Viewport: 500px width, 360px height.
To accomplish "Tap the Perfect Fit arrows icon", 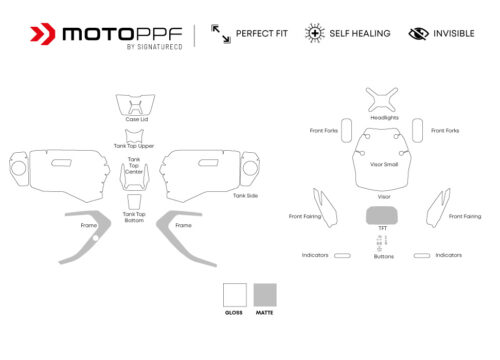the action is click(220, 34).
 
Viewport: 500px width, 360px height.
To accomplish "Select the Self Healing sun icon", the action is click(315, 34).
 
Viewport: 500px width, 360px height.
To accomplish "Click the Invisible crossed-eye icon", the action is click(418, 34).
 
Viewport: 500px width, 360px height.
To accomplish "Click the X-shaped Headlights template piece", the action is click(382, 99).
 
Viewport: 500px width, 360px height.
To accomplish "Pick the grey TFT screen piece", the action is click(382, 215).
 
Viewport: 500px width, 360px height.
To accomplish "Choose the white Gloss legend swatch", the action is click(234, 294).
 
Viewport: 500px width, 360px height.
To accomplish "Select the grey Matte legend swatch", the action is click(265, 294).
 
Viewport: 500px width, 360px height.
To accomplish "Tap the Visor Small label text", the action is click(384, 164).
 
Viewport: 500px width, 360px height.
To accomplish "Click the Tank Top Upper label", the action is click(134, 146).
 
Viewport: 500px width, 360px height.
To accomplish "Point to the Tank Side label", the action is click(246, 195).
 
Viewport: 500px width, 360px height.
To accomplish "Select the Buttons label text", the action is click(383, 257).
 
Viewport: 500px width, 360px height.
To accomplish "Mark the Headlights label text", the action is click(384, 117).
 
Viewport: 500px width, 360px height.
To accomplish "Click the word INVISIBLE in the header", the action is click(453, 34).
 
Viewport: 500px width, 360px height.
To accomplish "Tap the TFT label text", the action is click(382, 228).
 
